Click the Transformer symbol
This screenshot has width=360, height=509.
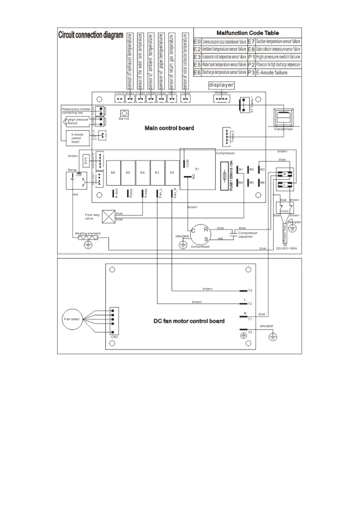point(283,118)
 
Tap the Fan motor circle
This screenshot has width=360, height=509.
point(72,319)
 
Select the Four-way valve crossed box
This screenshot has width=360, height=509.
point(109,216)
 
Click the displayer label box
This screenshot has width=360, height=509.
point(221,85)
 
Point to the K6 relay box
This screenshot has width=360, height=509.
point(113,173)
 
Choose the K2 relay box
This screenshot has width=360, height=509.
point(172,173)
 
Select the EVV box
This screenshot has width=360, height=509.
point(86,160)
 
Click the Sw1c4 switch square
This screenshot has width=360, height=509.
point(124,114)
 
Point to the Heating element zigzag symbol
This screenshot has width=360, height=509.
point(88,238)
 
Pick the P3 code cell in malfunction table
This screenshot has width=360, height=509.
point(251,73)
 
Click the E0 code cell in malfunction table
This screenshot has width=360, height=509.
point(197,42)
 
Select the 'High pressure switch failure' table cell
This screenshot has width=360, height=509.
point(278,57)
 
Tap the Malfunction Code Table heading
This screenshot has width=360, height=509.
point(248,33)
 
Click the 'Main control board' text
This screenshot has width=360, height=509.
point(169,128)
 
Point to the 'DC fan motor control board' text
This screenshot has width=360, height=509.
point(189,321)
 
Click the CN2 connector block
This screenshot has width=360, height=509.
point(114,321)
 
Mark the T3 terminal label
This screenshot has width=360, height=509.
point(250,291)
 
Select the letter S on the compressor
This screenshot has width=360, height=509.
point(206,239)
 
